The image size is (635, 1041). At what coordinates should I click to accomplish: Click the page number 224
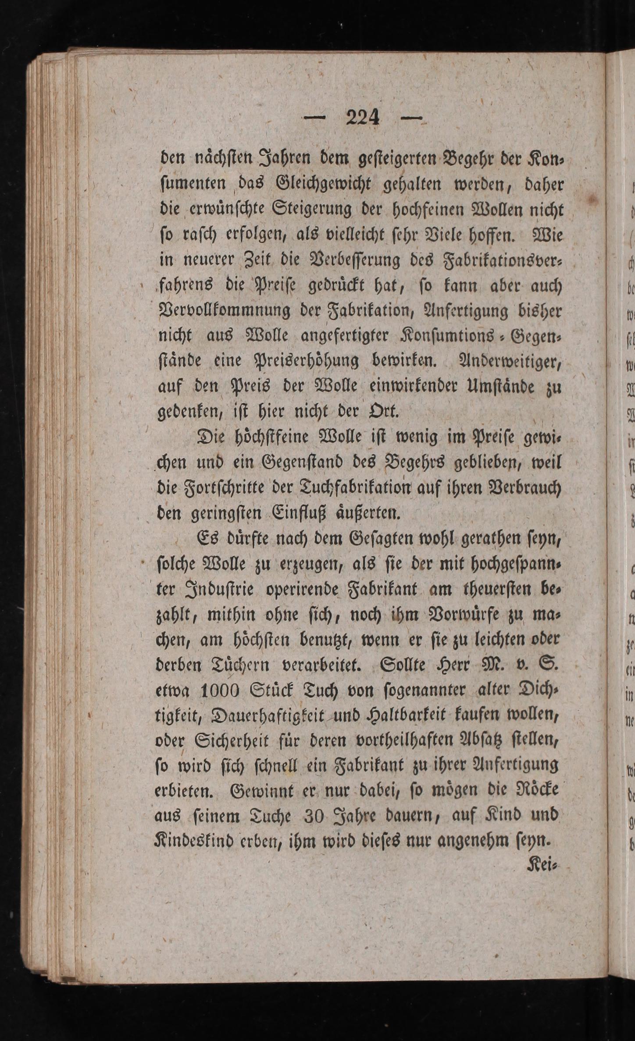tap(362, 118)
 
